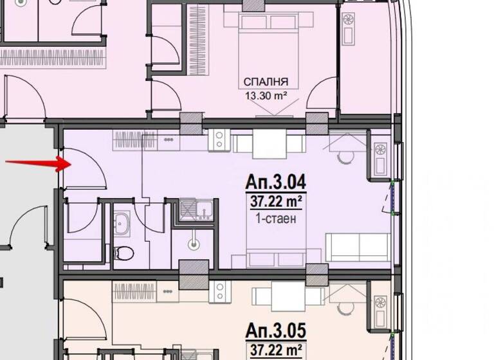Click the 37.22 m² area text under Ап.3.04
275,203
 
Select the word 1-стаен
275,219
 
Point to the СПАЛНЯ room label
265,82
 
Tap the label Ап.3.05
275,331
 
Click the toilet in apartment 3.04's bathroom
123,251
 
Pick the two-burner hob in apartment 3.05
219,291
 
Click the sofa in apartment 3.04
358,248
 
